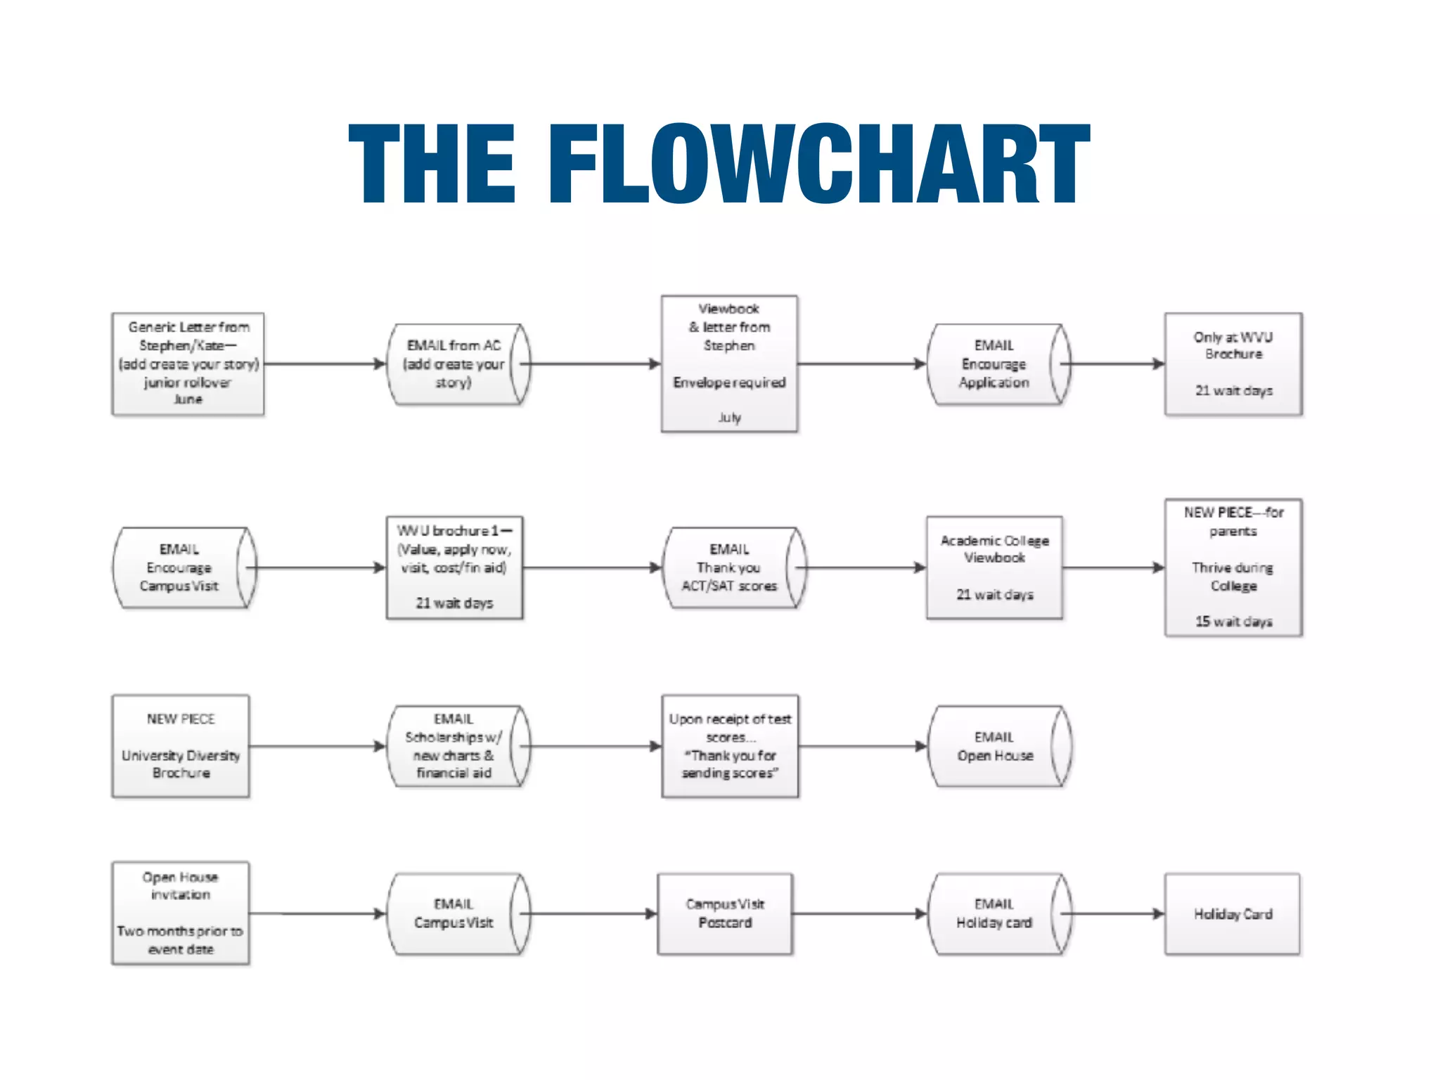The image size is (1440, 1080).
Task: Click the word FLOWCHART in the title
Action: (x=819, y=164)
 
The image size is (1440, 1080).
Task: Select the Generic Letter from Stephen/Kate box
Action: (x=188, y=364)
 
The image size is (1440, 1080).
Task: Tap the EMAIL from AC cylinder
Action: (x=454, y=364)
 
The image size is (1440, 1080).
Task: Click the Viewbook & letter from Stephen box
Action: (x=729, y=364)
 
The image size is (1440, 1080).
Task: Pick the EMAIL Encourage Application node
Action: (x=994, y=364)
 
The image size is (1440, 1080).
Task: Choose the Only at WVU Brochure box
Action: (x=1233, y=364)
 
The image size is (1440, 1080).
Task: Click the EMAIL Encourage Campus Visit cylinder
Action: (x=179, y=567)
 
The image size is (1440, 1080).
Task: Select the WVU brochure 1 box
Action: (x=454, y=567)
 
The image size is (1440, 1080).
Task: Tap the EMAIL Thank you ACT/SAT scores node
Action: (x=729, y=567)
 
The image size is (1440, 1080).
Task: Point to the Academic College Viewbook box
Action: (x=994, y=567)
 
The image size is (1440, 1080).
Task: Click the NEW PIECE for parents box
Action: (x=1233, y=567)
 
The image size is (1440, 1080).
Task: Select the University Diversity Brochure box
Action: (x=181, y=746)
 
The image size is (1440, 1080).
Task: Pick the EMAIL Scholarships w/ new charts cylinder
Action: (x=454, y=746)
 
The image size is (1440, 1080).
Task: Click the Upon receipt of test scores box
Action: (x=730, y=746)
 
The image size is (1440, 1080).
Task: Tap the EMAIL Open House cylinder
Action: (x=994, y=746)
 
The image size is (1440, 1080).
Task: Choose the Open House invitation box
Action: (x=181, y=913)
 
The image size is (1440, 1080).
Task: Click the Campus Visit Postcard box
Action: (x=725, y=913)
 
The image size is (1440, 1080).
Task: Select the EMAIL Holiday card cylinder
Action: (x=994, y=913)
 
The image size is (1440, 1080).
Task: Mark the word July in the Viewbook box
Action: (x=729, y=418)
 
